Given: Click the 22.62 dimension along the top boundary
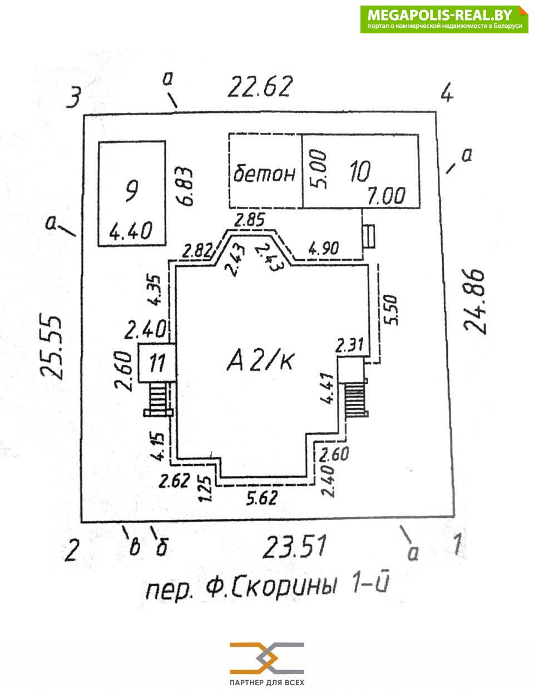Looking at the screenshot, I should click(x=260, y=87).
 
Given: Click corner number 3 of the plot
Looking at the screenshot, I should click(x=73, y=98).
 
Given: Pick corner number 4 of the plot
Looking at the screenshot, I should click(x=447, y=93).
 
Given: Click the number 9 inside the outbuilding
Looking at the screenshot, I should click(x=131, y=192).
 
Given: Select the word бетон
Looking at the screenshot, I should click(x=264, y=173).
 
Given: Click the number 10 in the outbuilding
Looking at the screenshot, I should click(x=359, y=172).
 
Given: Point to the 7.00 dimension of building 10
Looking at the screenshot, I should click(x=387, y=195).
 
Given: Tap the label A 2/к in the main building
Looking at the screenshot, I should click(x=260, y=361).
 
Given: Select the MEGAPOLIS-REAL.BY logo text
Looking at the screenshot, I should click(x=443, y=15).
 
